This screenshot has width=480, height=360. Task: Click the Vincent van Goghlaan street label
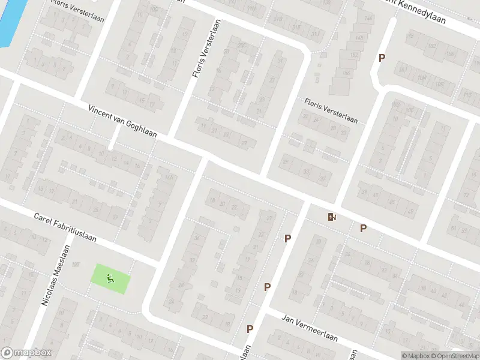(122, 122)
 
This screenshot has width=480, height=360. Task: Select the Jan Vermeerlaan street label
(310, 329)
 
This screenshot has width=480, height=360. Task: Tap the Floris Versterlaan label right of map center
(331, 111)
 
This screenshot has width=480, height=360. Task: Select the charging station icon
(332, 217)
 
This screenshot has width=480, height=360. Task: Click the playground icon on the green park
(109, 278)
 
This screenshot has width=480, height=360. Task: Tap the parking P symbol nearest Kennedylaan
(381, 58)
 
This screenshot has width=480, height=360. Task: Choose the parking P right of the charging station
(363, 228)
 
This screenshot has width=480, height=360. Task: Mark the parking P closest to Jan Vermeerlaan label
(250, 329)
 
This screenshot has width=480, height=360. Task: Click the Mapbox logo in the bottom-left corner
(26, 353)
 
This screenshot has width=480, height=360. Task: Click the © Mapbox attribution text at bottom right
(416, 355)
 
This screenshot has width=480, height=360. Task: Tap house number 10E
(411, 110)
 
